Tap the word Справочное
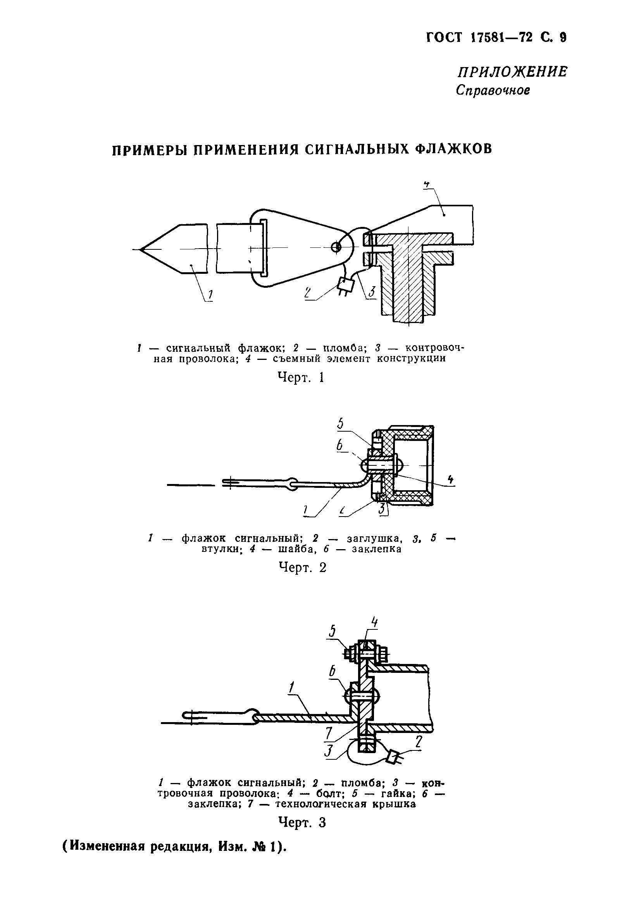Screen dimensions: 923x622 [493, 90]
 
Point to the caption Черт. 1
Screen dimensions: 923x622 [301, 377]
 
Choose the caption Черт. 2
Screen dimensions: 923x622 [302, 567]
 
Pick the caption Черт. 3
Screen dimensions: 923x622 [302, 822]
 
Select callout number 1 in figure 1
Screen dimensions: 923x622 [210, 295]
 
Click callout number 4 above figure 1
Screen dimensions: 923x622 [427, 184]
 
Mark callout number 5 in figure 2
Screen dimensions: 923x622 [340, 423]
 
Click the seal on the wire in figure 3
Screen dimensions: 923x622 [393, 757]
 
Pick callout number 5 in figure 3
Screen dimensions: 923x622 [333, 631]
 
